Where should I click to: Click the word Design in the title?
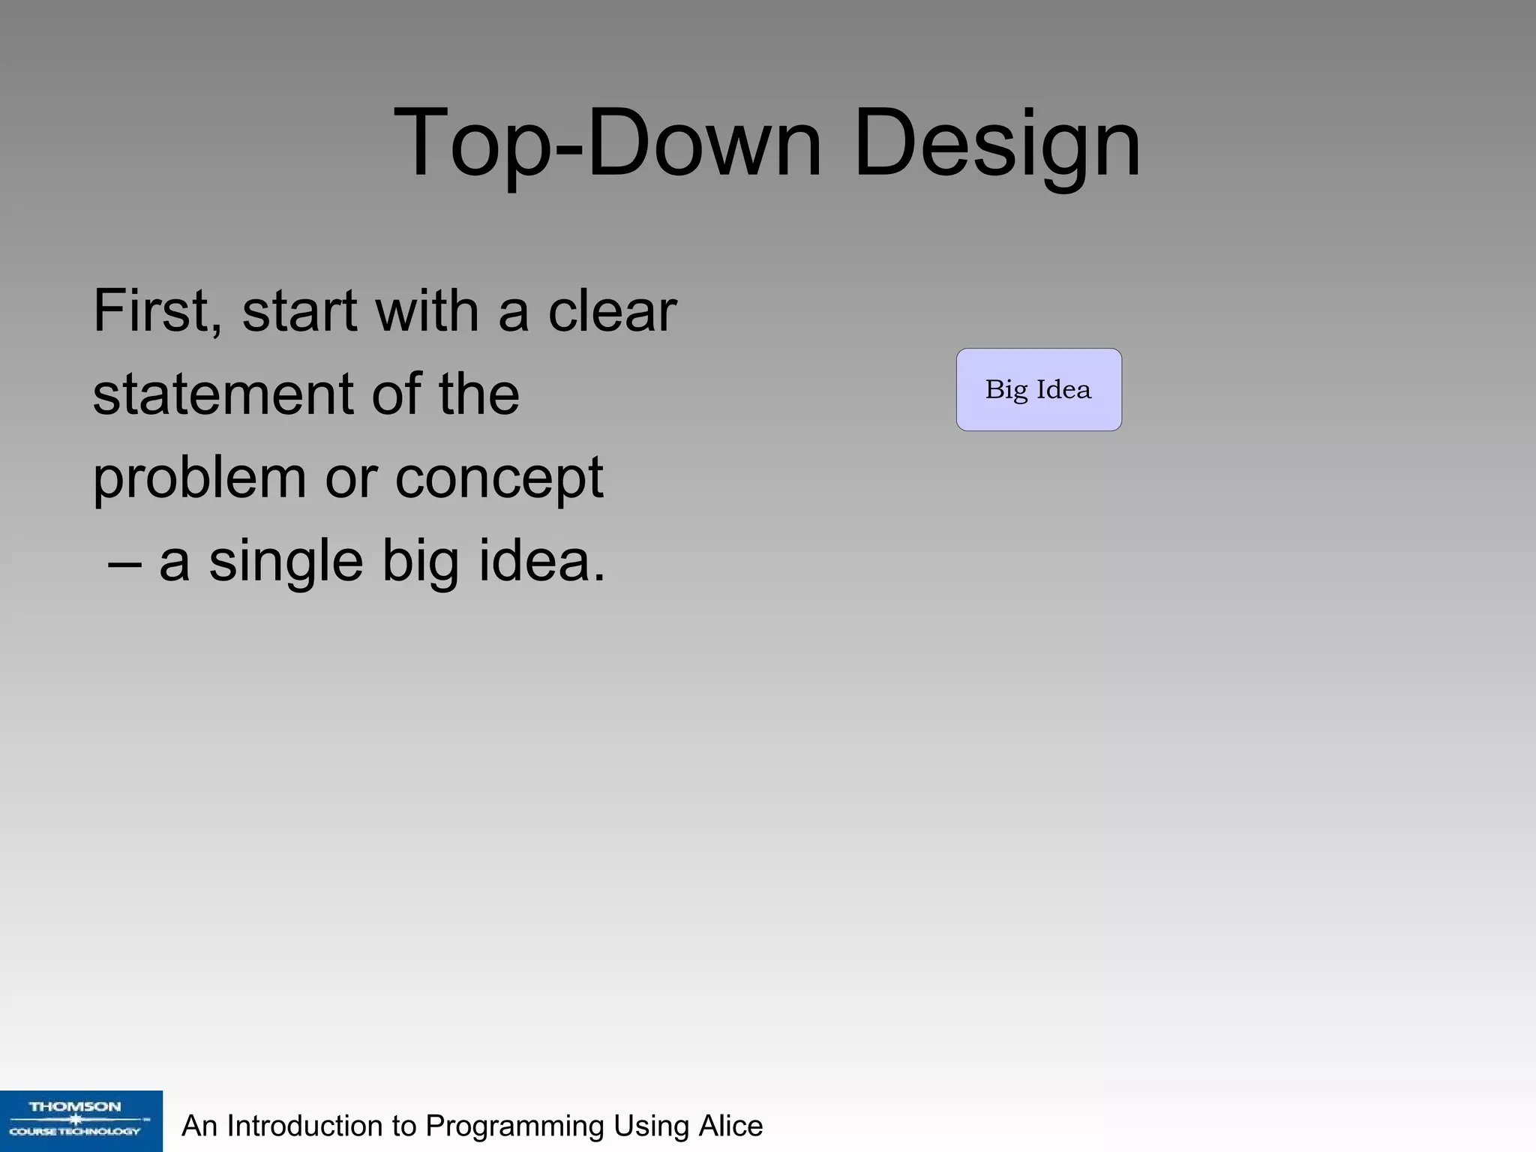[997, 144]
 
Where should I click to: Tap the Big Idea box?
[1039, 389]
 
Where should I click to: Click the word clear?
[612, 310]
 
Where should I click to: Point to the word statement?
[223, 394]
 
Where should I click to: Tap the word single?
[286, 562]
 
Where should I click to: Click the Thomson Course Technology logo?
[81, 1120]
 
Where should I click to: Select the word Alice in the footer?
[730, 1126]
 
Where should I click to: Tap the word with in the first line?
[427, 310]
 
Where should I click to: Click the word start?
[299, 312]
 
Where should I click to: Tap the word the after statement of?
[479, 394]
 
